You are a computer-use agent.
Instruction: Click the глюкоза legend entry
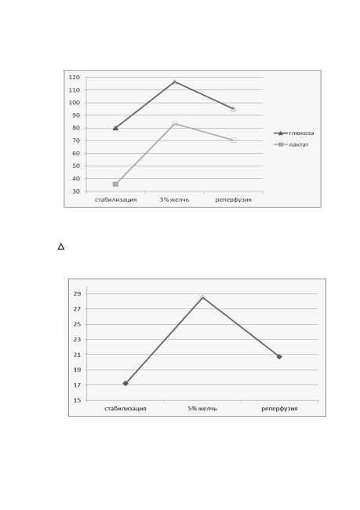(x=293, y=133)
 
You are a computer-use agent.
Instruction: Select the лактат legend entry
(x=291, y=144)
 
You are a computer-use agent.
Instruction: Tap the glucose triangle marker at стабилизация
(x=115, y=128)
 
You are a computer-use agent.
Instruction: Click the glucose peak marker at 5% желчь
(x=175, y=82)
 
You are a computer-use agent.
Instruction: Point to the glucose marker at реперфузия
(x=233, y=108)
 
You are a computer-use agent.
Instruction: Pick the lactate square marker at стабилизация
(x=115, y=184)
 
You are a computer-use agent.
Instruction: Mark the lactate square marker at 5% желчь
(x=175, y=124)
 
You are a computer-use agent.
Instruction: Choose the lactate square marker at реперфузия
(x=233, y=140)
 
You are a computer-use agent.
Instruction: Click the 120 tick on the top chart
(x=75, y=78)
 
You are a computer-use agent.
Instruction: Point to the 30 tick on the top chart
(x=76, y=191)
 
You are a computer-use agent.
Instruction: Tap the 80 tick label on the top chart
(x=76, y=128)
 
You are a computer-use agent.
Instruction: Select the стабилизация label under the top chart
(x=116, y=200)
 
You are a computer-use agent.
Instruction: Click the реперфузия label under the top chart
(x=234, y=200)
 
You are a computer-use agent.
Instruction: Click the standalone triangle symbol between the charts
(x=61, y=246)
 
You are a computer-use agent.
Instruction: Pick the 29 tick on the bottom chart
(x=77, y=293)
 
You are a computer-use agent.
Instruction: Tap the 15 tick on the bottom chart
(x=77, y=400)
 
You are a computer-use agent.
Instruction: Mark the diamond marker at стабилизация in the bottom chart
(x=125, y=384)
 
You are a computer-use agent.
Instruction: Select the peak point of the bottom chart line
(x=202, y=297)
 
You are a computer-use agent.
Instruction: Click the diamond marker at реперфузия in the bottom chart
(x=279, y=357)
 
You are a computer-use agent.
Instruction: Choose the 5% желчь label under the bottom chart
(x=202, y=409)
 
